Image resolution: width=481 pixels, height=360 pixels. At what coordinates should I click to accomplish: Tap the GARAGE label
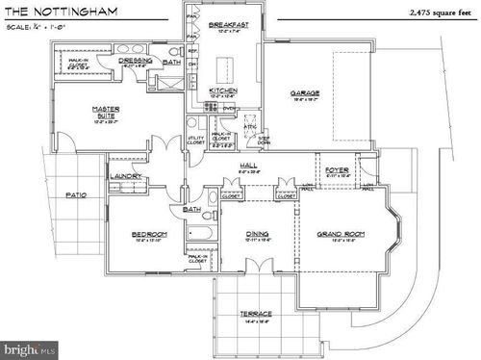(305, 93)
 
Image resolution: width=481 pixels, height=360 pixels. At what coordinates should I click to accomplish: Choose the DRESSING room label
(137, 60)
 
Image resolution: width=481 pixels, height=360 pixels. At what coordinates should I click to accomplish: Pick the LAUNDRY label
(126, 177)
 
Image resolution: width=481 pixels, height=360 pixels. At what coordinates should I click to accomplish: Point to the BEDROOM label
(149, 234)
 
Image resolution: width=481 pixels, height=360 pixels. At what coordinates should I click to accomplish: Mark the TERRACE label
(256, 313)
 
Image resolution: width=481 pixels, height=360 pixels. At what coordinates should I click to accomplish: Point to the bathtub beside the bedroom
(203, 232)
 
